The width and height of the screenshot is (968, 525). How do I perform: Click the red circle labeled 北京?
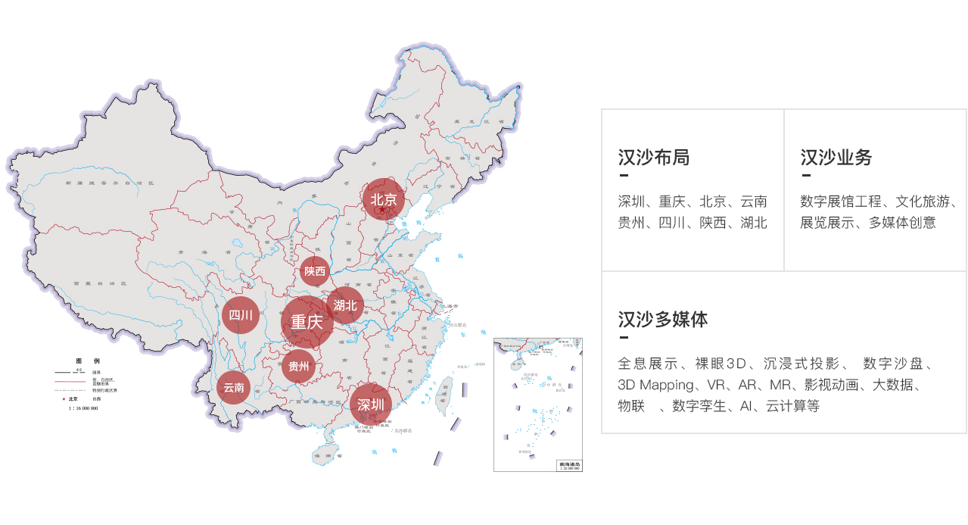[384, 200]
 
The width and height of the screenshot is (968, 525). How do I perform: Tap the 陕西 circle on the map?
[315, 271]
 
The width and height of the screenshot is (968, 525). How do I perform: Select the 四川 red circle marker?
[241, 315]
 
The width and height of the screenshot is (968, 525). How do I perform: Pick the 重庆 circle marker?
[307, 322]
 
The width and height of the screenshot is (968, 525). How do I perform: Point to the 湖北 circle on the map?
[345, 305]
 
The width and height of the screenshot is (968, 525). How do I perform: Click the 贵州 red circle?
[299, 368]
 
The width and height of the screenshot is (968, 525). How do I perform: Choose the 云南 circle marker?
[234, 388]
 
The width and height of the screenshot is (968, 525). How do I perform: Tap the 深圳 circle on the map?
[371, 404]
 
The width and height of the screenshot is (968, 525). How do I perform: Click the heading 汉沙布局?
[654, 158]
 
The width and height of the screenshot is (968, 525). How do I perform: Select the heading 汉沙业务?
[836, 158]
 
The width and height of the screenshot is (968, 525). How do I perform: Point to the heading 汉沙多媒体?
[663, 319]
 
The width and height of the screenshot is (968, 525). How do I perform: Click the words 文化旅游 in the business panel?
[923, 202]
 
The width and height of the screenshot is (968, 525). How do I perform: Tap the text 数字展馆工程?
[841, 202]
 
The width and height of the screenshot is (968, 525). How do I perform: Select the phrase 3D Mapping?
[655, 385]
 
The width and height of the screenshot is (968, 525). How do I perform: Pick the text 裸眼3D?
[721, 364]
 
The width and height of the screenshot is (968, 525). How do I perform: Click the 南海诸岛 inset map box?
[538, 405]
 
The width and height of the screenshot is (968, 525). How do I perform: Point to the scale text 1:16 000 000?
[82, 408]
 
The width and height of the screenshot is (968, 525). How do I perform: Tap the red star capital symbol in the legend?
[64, 398]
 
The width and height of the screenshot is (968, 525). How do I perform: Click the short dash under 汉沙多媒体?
[624, 337]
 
